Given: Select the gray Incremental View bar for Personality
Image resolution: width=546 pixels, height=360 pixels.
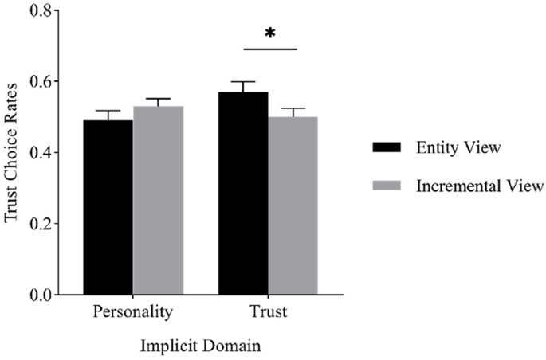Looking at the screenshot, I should (x=157, y=200).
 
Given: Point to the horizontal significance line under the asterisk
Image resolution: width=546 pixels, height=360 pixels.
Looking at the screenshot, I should (x=269, y=49).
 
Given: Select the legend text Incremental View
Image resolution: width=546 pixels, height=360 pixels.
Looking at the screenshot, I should (x=479, y=186).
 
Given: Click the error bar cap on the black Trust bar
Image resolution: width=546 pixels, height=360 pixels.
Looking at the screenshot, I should (x=243, y=82).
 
